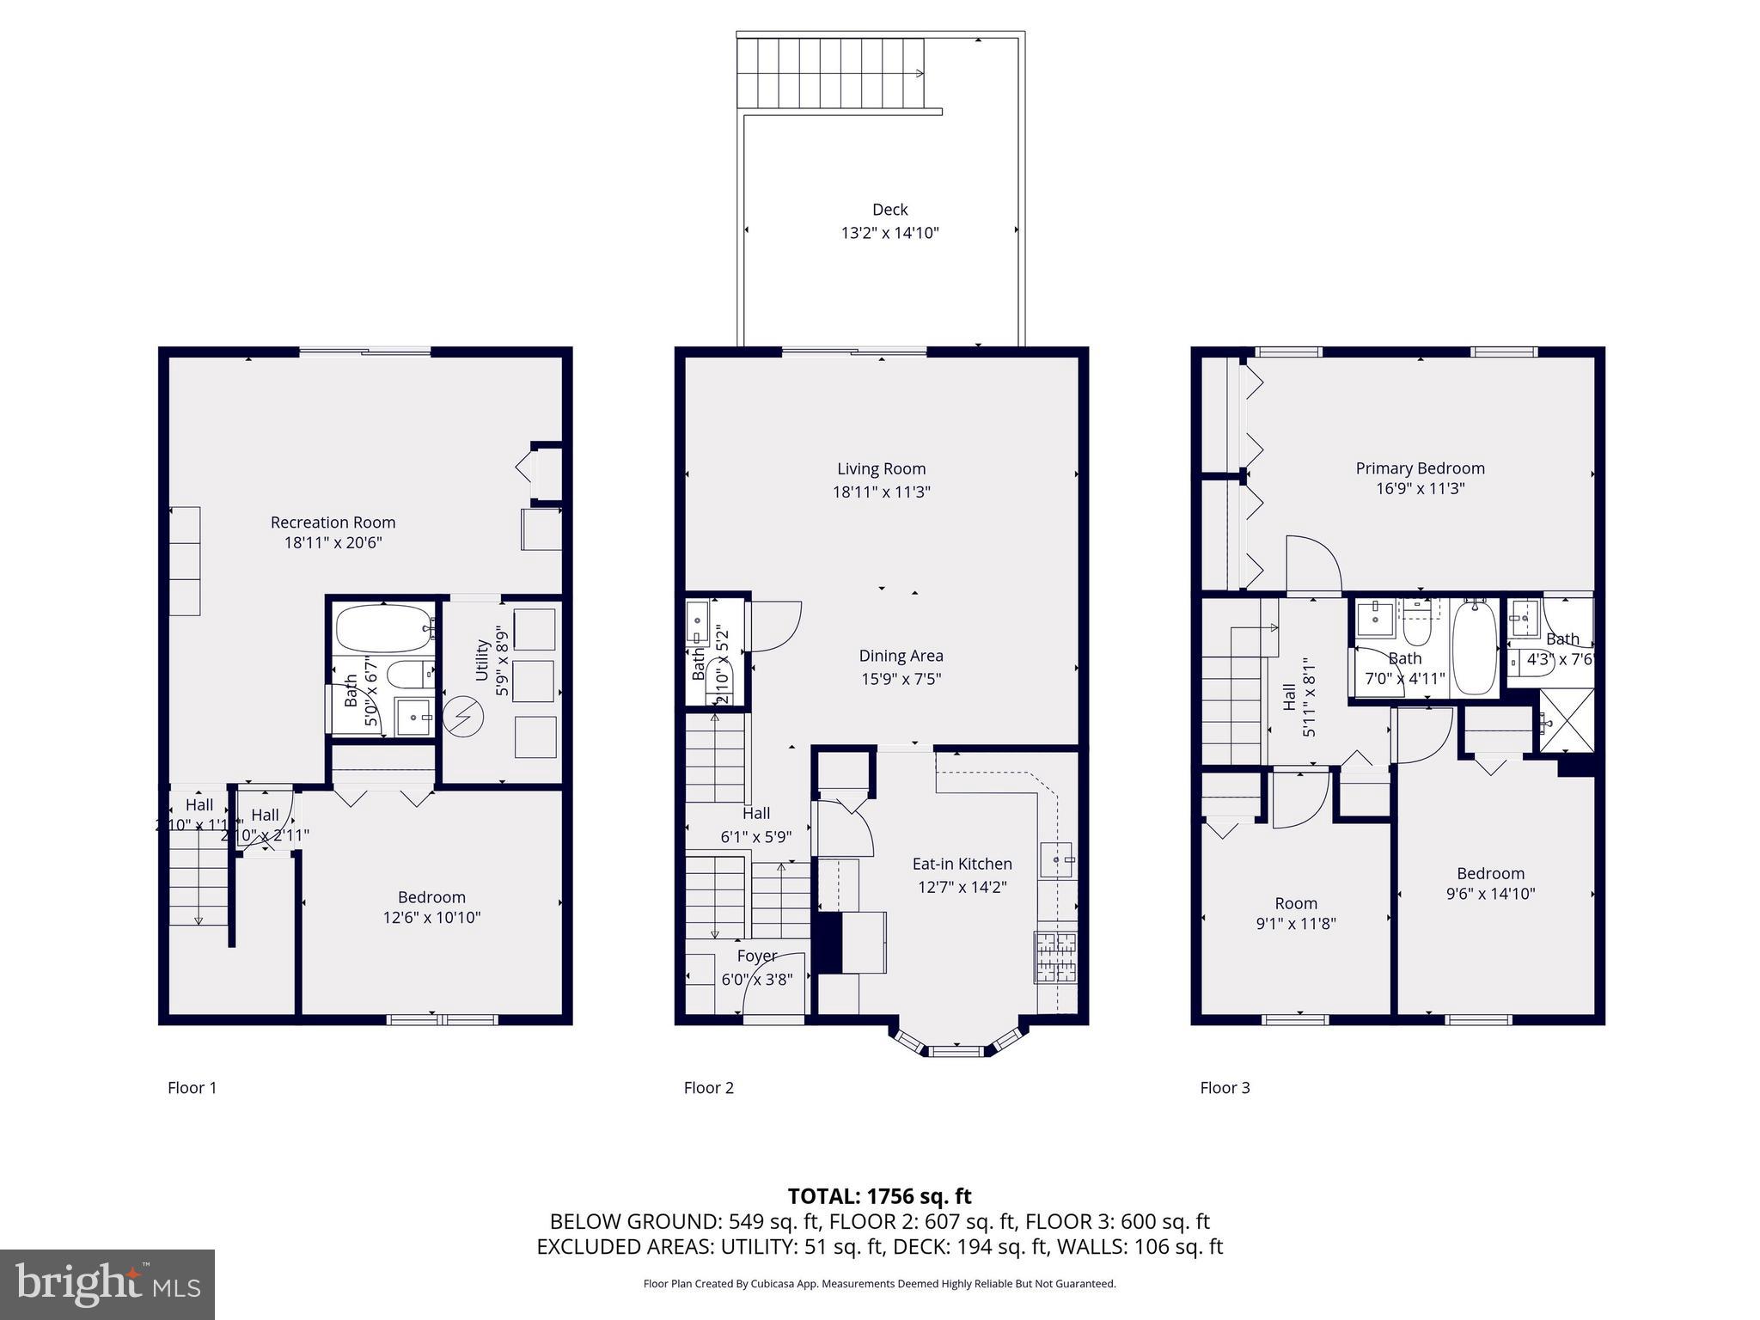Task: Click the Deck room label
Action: pyautogui.click(x=889, y=210)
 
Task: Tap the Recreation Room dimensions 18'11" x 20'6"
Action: pyautogui.click(x=333, y=543)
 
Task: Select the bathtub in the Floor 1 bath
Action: pyautogui.click(x=383, y=629)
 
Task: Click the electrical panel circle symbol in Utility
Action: pyautogui.click(x=463, y=716)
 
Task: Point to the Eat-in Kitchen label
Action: pyautogui.click(x=962, y=864)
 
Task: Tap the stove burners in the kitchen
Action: pyautogui.click(x=1054, y=957)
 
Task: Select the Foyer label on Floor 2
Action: pyautogui.click(x=756, y=956)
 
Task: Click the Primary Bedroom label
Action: pyautogui.click(x=1420, y=468)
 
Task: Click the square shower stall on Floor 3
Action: pyautogui.click(x=1566, y=722)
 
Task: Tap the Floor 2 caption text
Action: pyautogui.click(x=708, y=1088)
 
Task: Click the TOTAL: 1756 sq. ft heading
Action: pyautogui.click(x=879, y=1196)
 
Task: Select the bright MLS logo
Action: pyautogui.click(x=107, y=1284)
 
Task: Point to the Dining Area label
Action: pyautogui.click(x=901, y=656)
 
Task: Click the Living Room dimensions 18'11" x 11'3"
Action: pyautogui.click(x=881, y=492)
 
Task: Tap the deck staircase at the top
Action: pyautogui.click(x=829, y=74)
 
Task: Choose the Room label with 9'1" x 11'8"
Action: pyautogui.click(x=1295, y=903)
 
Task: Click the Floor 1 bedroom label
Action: pyautogui.click(x=431, y=897)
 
